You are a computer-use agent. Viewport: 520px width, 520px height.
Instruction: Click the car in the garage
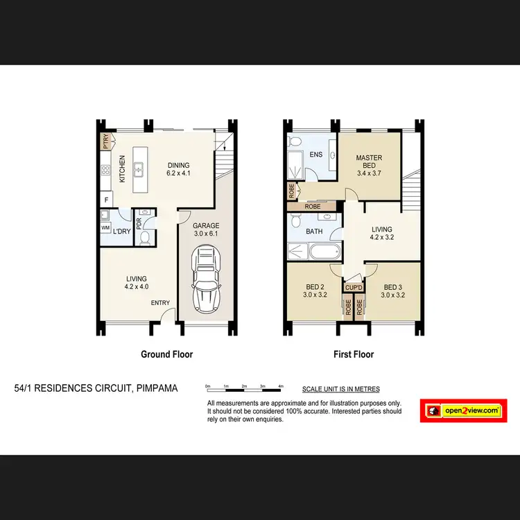(205, 280)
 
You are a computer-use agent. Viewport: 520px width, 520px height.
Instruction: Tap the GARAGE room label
(205, 225)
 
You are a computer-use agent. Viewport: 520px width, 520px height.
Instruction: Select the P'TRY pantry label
(105, 142)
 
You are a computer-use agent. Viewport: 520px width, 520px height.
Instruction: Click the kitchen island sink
(139, 168)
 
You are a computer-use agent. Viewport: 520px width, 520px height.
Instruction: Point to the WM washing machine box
(105, 227)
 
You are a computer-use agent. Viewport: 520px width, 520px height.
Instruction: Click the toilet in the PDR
(145, 239)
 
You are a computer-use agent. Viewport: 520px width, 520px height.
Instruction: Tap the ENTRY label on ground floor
(160, 303)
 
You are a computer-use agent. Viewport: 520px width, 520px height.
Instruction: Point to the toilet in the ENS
(295, 141)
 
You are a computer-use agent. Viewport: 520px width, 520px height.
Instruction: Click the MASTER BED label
(369, 162)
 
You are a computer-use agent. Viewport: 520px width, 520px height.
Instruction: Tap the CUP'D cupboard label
(354, 286)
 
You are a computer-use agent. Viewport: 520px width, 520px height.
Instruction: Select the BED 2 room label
(315, 291)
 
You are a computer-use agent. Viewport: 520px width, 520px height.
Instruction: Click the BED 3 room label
(392, 291)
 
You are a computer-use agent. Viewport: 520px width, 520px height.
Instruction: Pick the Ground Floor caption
(166, 354)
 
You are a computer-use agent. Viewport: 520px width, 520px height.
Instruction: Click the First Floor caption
(354, 354)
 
